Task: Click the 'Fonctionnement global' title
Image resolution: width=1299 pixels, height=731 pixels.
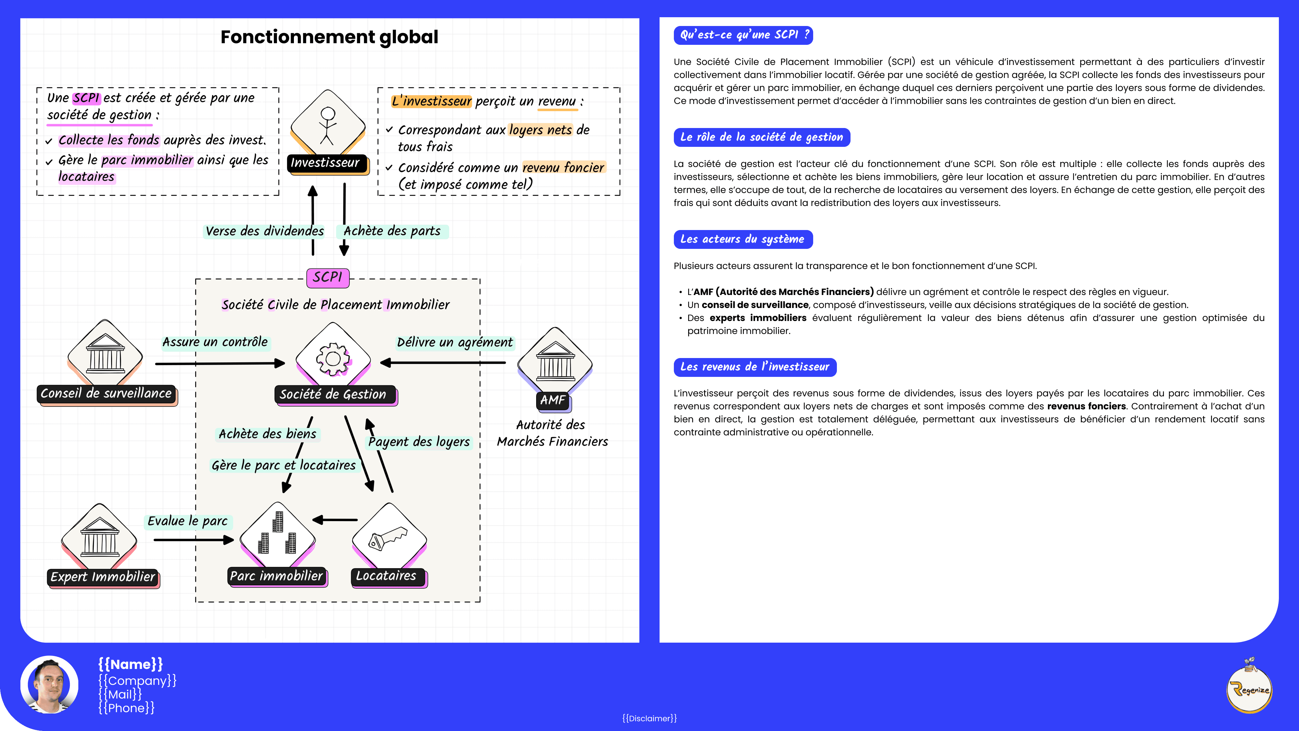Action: [x=329, y=37]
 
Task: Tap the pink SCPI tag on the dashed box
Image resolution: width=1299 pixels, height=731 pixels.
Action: [x=328, y=277]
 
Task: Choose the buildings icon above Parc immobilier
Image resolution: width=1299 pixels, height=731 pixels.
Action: [x=277, y=535]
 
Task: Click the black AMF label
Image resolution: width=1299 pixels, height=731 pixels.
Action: [x=553, y=400]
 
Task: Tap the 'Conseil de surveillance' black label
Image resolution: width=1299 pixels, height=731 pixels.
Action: [x=107, y=393]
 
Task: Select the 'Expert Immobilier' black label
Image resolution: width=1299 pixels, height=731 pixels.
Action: [x=103, y=577]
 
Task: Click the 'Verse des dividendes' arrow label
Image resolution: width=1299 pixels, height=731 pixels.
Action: [x=264, y=231]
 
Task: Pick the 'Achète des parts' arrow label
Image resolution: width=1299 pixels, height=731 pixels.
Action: [x=392, y=231]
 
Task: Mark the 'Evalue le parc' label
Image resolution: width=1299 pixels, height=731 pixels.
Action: [x=188, y=521]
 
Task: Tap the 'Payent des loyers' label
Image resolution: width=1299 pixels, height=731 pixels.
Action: [x=419, y=442]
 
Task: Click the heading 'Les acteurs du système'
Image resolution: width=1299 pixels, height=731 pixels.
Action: [x=742, y=239]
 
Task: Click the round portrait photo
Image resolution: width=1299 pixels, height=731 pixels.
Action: [x=49, y=685]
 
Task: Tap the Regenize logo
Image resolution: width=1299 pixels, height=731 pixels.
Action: [x=1249, y=687]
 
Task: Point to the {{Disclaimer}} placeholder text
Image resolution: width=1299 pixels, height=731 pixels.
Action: [x=649, y=718]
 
